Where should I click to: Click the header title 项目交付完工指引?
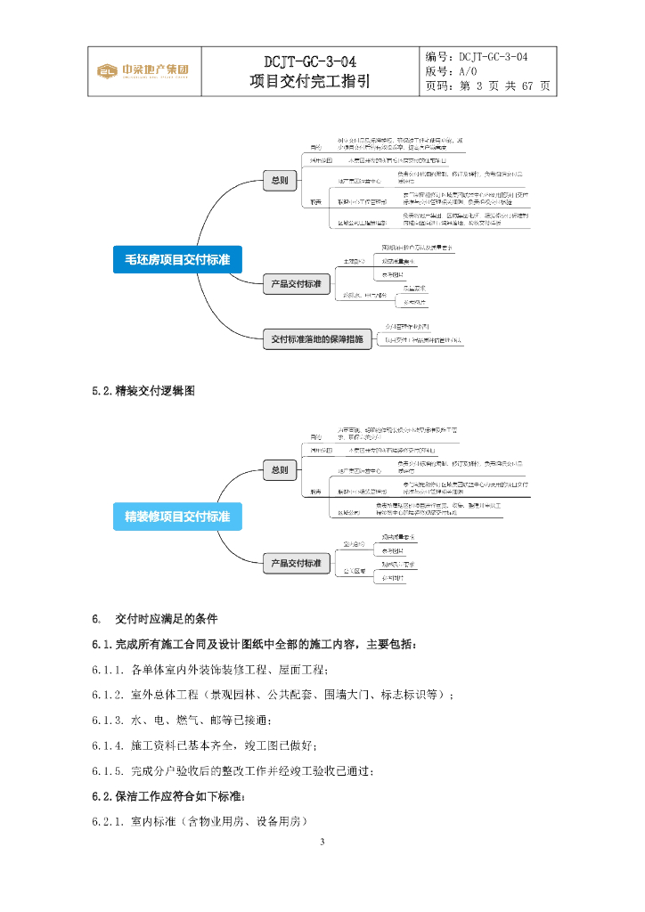click(310, 82)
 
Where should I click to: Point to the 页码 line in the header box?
click(488, 86)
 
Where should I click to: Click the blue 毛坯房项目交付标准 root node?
click(177, 259)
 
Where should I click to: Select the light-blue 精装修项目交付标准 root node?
click(177, 517)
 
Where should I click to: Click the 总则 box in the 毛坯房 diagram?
click(279, 181)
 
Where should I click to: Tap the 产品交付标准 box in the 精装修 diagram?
click(295, 563)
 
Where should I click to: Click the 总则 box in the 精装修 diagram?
click(279, 469)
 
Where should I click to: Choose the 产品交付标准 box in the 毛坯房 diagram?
click(295, 284)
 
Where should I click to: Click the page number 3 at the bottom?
click(322, 841)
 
